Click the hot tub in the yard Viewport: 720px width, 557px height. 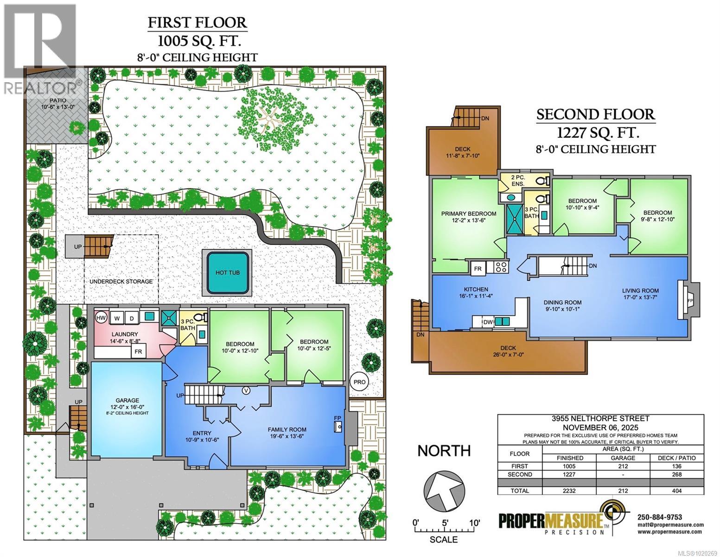227,272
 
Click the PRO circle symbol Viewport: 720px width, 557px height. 360,382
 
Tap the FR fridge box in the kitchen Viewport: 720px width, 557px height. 477,268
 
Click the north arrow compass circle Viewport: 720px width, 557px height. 444,492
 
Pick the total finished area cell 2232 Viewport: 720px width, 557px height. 570,491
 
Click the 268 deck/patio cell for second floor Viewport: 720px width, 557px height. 677,474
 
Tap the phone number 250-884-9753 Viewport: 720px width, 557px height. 660,517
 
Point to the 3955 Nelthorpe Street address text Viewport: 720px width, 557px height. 600,419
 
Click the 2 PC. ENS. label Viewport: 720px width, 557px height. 517,181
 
